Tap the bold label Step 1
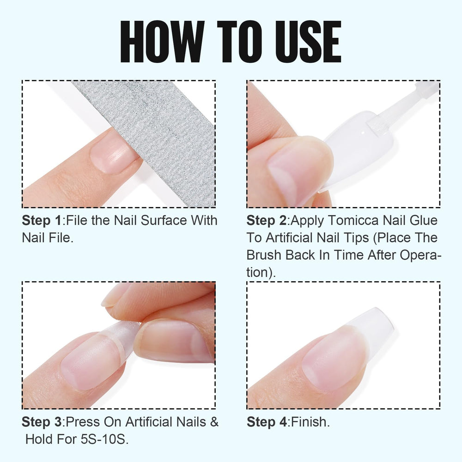click(42, 220)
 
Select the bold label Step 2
click(267, 220)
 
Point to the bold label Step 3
click(42, 422)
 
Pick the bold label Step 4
click(267, 422)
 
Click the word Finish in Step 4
click(309, 422)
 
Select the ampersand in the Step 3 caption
click(214, 422)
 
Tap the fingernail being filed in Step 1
click(114, 152)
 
